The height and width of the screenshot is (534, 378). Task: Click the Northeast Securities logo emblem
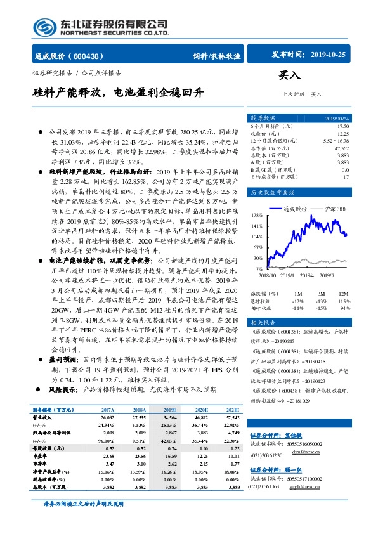click(x=44, y=27)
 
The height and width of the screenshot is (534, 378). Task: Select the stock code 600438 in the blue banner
click(x=89, y=56)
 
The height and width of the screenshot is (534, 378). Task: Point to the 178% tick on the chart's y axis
click(x=257, y=215)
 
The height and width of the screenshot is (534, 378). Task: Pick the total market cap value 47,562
click(x=341, y=148)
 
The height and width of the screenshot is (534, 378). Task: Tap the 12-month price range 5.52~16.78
click(x=336, y=141)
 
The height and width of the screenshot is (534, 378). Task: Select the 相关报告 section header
click(x=262, y=323)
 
